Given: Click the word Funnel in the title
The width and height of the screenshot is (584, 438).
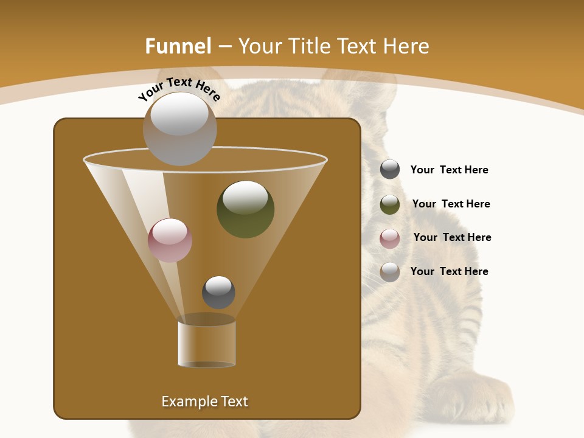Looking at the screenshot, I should [178, 46].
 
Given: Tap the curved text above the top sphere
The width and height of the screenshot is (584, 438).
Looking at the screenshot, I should [179, 88].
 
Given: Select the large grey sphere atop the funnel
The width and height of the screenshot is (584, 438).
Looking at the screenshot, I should [179, 128].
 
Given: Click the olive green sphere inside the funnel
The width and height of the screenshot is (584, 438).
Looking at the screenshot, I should [245, 209].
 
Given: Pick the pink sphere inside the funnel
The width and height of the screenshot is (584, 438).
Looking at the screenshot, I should [170, 240].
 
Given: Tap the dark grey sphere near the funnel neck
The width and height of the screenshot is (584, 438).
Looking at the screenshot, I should [218, 292].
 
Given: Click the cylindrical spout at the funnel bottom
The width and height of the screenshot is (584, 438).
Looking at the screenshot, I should [207, 344].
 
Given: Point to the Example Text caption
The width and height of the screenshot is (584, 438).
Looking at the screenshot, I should [204, 401].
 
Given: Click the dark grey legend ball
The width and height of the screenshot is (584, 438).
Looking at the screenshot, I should [390, 169].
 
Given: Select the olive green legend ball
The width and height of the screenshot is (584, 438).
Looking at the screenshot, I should [390, 204].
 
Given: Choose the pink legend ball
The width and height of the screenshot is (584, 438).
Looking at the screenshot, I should [390, 238].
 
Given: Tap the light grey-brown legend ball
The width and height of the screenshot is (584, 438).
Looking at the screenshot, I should [390, 271].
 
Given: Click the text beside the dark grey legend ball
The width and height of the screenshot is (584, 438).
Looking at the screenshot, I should [449, 170].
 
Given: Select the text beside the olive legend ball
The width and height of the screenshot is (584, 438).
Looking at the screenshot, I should [451, 204].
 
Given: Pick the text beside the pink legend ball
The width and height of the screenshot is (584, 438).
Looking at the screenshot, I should [452, 237].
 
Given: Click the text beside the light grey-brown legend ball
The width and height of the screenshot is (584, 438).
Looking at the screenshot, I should [449, 271].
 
